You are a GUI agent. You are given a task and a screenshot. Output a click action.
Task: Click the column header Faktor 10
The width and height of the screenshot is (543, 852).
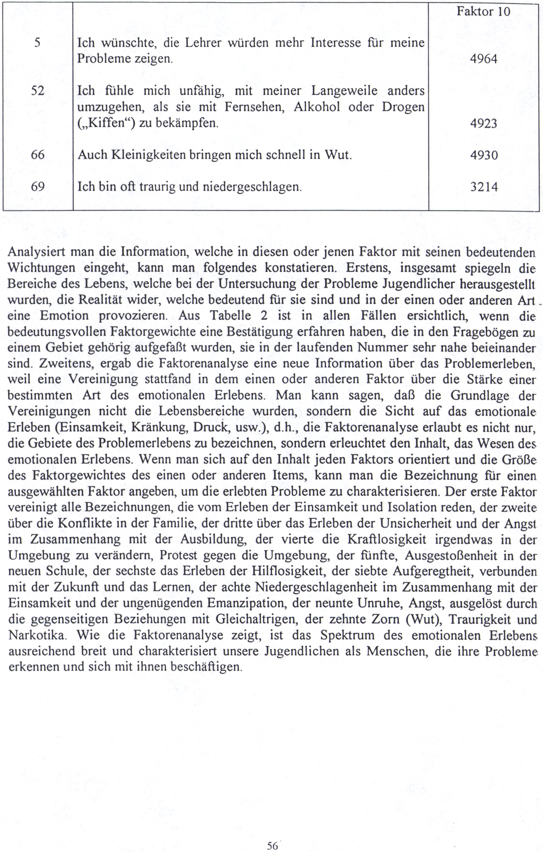[x=483, y=12]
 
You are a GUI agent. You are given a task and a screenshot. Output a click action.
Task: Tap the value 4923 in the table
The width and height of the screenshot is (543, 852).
[x=484, y=123]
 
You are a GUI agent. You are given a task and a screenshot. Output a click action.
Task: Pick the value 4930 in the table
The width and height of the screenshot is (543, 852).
[x=484, y=155]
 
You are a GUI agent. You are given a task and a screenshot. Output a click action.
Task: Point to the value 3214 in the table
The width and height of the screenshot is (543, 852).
[x=484, y=186]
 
